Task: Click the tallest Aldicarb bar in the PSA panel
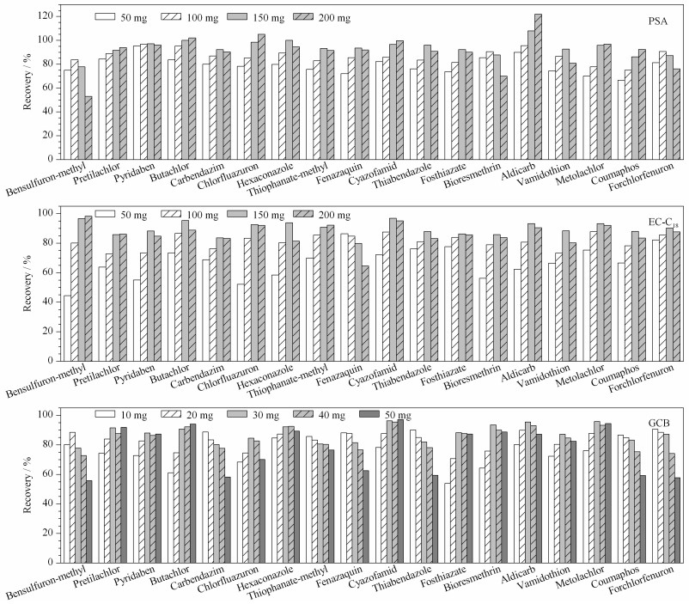(x=538, y=87)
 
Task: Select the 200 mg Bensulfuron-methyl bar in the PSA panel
(x=88, y=127)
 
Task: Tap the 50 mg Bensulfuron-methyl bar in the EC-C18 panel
(x=67, y=328)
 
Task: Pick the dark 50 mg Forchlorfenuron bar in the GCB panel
(x=677, y=520)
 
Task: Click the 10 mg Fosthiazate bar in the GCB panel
(x=448, y=523)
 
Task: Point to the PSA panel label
(x=658, y=21)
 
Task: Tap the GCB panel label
(x=659, y=423)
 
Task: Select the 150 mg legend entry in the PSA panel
(x=256, y=18)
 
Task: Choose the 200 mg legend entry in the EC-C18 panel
(x=321, y=215)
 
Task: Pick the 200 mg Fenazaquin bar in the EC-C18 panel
(x=366, y=314)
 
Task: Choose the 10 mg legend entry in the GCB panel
(x=121, y=415)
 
